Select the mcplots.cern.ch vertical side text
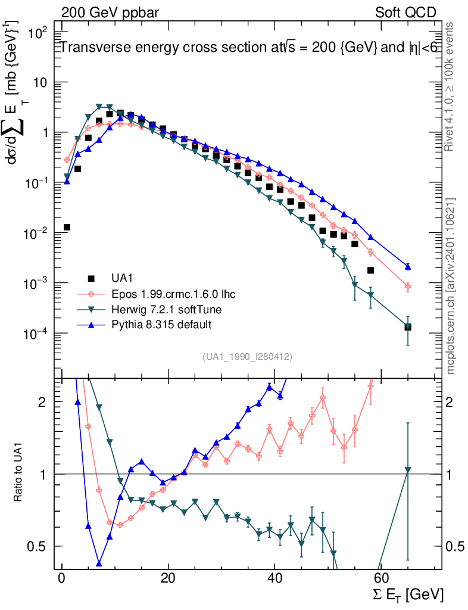coord(451,286)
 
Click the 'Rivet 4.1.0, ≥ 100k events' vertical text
coord(451,87)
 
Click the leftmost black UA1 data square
coord(67,227)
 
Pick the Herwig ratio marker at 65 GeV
coord(408,470)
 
